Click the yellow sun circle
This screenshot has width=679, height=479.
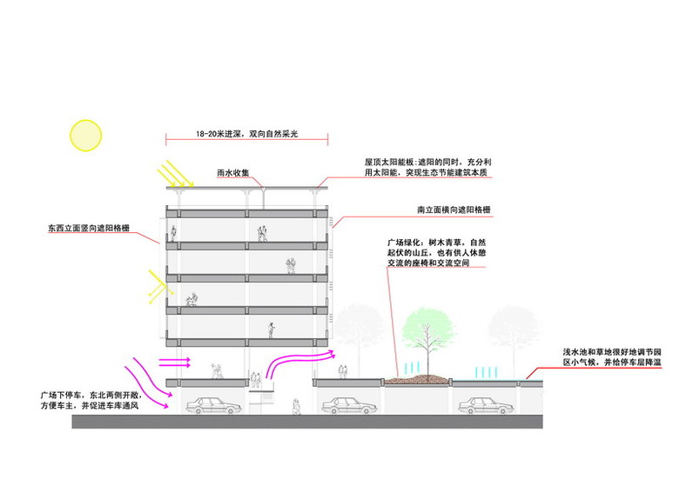[x=86, y=135]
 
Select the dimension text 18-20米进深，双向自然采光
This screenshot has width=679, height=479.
[x=247, y=135]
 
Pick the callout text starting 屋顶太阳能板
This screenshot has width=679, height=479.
[x=429, y=168]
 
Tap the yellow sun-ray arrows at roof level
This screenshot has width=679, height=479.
[x=180, y=176]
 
